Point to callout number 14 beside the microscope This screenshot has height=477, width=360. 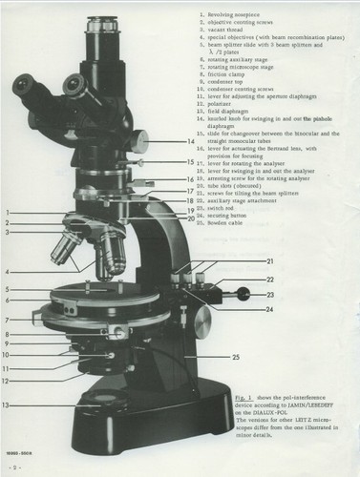point(191,142)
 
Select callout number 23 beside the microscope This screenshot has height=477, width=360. point(270,294)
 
